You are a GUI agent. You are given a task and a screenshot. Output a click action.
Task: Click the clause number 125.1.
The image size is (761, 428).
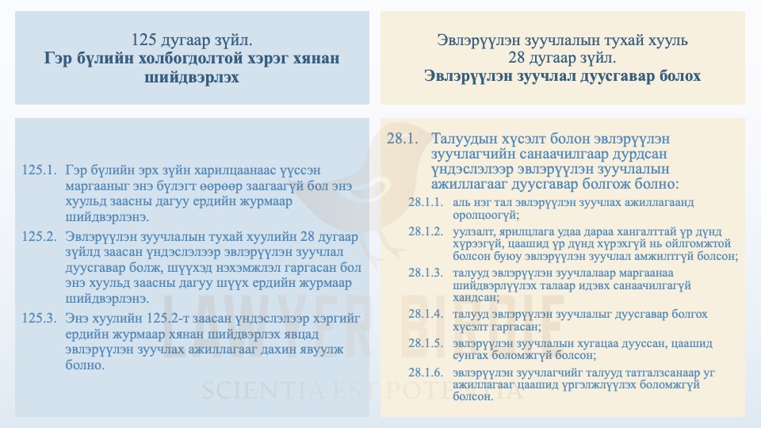(x=40, y=170)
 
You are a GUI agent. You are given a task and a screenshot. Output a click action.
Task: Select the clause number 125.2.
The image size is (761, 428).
(x=40, y=236)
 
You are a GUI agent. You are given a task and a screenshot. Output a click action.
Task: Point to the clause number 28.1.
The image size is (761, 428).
(x=402, y=139)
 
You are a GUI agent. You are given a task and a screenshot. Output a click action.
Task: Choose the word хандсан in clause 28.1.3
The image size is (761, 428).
(x=476, y=298)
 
